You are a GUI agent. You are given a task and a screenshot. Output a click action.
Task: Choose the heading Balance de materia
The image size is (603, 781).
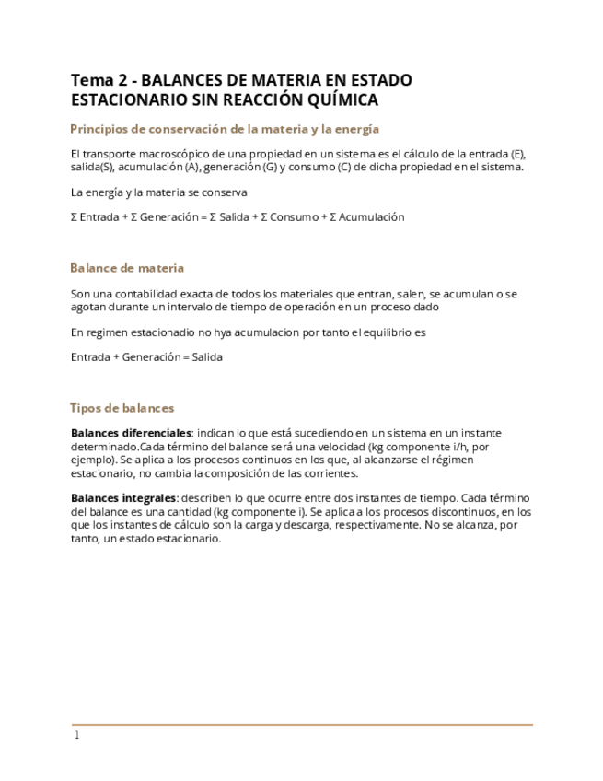(127, 268)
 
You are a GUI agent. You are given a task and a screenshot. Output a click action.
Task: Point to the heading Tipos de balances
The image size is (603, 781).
(122, 408)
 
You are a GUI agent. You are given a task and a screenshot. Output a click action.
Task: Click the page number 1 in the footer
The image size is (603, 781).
(77, 735)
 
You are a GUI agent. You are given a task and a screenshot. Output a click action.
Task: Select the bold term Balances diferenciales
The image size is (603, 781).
(131, 433)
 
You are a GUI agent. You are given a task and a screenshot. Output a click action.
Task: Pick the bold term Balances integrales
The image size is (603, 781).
(123, 498)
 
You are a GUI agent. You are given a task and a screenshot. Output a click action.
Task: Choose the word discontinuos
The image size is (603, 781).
(473, 512)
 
